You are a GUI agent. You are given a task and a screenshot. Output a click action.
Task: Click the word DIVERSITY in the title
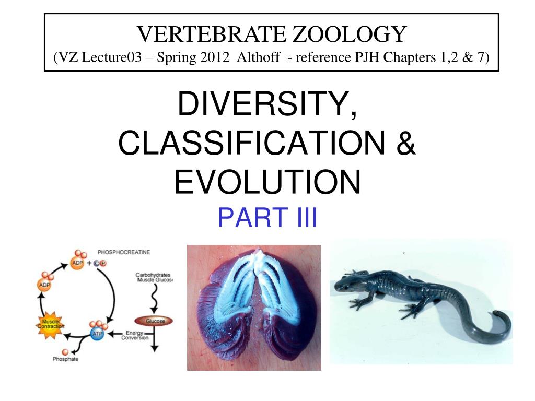[x=267, y=104]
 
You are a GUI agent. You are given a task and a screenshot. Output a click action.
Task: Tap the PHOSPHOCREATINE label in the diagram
[x=124, y=252]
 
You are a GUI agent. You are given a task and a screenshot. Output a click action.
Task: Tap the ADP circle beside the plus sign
[x=77, y=264]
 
